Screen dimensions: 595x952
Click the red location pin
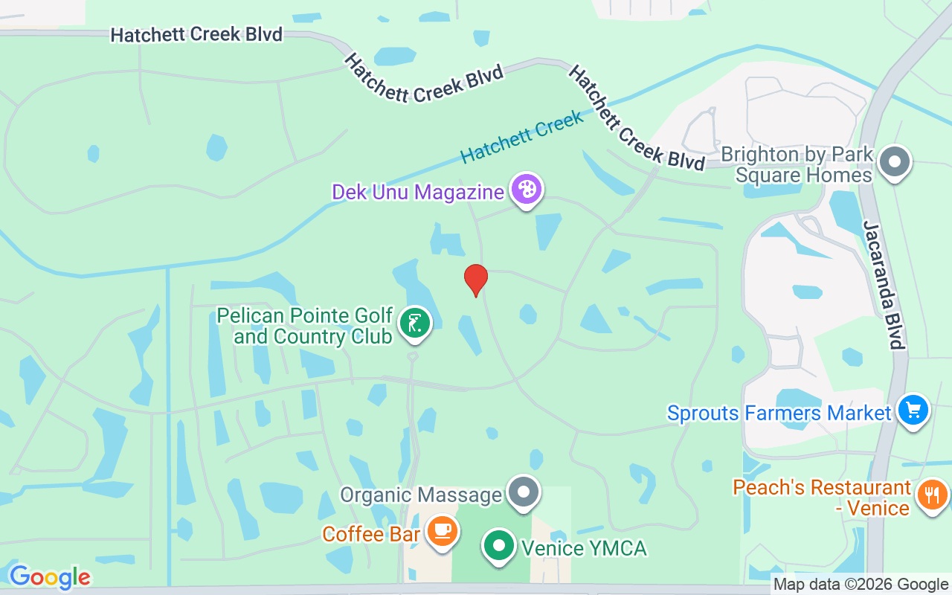point(476,280)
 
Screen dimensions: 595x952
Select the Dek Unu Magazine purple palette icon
point(527,190)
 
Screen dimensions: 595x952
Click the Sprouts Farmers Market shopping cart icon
point(913,410)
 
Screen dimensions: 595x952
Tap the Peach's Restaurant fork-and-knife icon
point(933,494)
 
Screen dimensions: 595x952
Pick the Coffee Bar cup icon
point(443,531)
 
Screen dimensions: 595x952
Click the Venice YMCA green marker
point(499,546)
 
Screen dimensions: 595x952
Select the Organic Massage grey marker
point(524,492)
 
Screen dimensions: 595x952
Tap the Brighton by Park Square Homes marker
point(895,161)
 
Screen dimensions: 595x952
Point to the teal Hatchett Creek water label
point(521,137)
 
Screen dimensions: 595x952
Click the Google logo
point(50,577)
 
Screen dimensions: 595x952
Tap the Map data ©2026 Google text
point(861,585)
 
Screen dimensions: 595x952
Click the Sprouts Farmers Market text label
point(779,414)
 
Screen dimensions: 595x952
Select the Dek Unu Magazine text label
point(418,192)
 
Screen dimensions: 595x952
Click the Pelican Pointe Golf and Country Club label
point(312,326)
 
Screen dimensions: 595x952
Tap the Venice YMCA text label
point(583,549)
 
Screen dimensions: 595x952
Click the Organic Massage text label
point(421,495)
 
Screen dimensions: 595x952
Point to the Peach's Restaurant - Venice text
point(822,498)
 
